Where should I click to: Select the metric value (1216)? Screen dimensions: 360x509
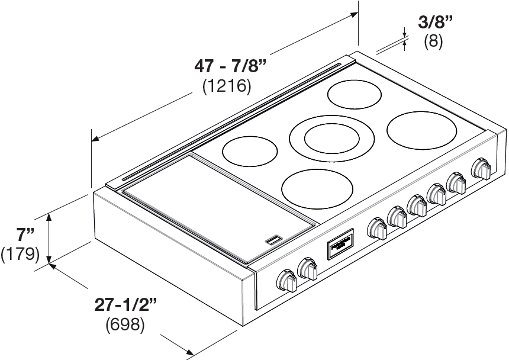click(x=227, y=86)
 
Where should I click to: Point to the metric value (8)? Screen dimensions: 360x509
click(x=433, y=42)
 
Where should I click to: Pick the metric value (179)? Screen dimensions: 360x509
click(x=20, y=254)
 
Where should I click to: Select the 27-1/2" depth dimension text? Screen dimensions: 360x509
click(x=126, y=305)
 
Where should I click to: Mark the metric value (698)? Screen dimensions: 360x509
click(x=125, y=325)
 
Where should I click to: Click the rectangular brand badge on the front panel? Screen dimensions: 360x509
click(x=339, y=244)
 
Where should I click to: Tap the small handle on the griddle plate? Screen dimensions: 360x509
click(x=274, y=240)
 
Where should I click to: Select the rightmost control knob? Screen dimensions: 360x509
click(x=481, y=169)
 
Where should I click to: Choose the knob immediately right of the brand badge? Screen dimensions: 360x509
click(x=376, y=228)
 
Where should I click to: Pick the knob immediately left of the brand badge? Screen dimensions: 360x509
click(x=308, y=269)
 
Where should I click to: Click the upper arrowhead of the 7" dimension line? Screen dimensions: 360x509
click(x=50, y=217)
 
